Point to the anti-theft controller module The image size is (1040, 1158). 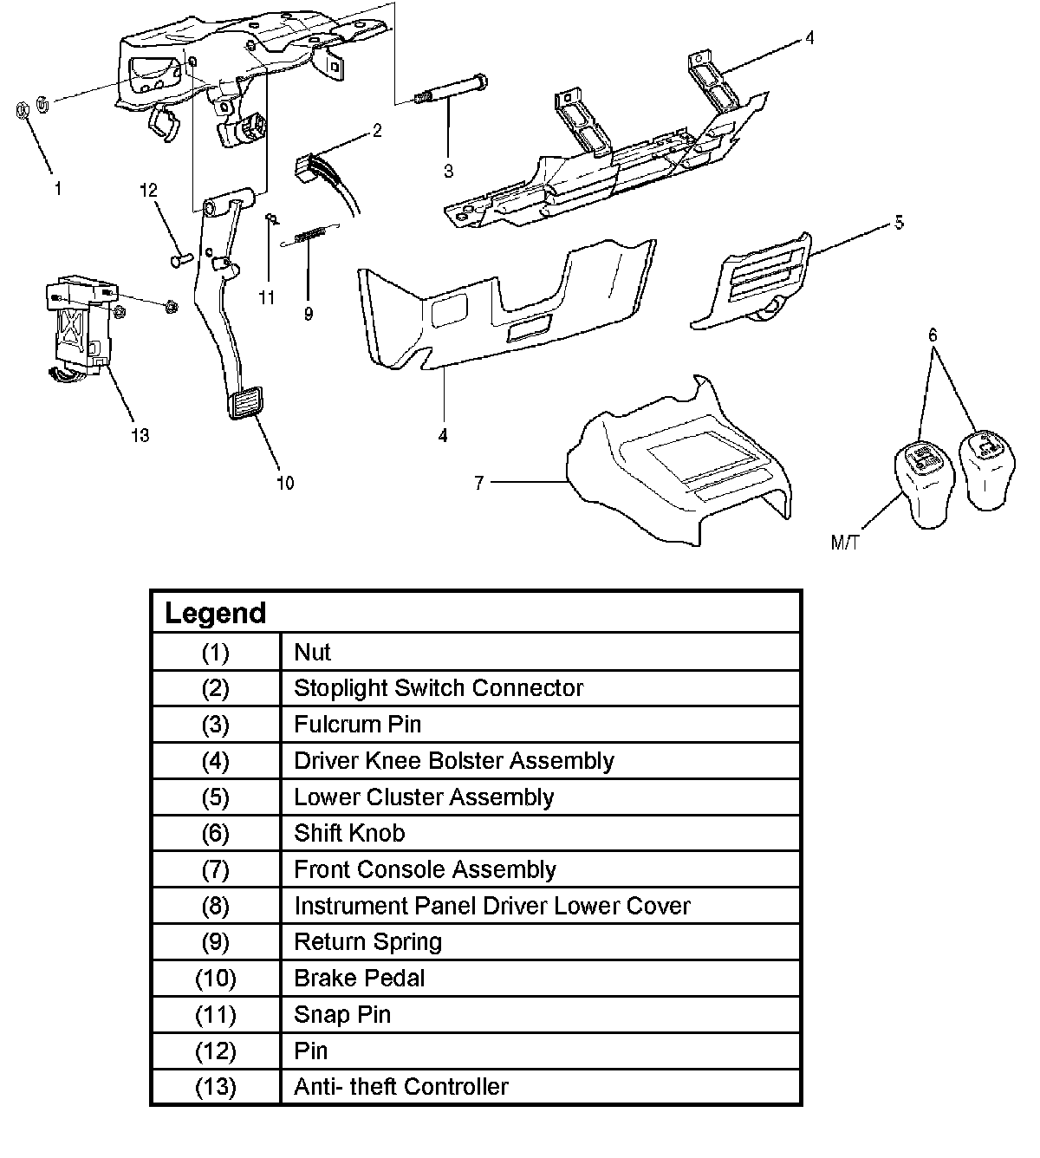pyautogui.click(x=78, y=325)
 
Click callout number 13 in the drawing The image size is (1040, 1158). pyautogui.click(x=140, y=435)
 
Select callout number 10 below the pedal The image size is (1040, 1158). pyautogui.click(x=285, y=483)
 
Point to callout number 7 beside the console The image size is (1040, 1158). pyautogui.click(x=479, y=483)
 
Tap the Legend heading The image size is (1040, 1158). pyautogui.click(x=216, y=613)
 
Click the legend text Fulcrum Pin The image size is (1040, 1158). pyautogui.click(x=357, y=724)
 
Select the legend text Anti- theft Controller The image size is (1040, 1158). pyautogui.click(x=400, y=1086)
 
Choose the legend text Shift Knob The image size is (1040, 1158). pyautogui.click(x=349, y=833)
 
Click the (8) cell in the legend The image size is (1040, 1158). pyautogui.click(x=215, y=906)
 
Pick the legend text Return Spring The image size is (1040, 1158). pyautogui.click(x=367, y=942)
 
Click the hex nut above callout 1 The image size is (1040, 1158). pyautogui.click(x=24, y=110)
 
